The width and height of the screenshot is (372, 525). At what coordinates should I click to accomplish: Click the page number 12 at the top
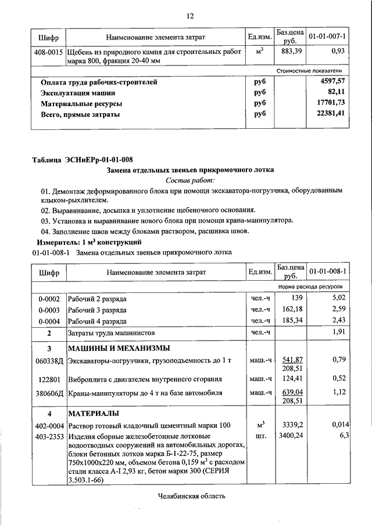(189, 16)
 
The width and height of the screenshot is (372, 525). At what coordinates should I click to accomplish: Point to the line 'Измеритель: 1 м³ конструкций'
(90, 242)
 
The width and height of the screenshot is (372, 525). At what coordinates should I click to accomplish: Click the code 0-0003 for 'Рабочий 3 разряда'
(49, 309)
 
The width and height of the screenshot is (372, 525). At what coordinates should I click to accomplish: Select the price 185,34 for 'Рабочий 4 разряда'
(292, 320)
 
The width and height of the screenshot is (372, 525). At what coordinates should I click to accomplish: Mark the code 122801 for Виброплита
(49, 379)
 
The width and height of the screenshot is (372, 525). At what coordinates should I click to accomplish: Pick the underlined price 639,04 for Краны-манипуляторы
(293, 392)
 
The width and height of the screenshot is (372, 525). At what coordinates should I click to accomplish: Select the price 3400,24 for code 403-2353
(291, 435)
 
